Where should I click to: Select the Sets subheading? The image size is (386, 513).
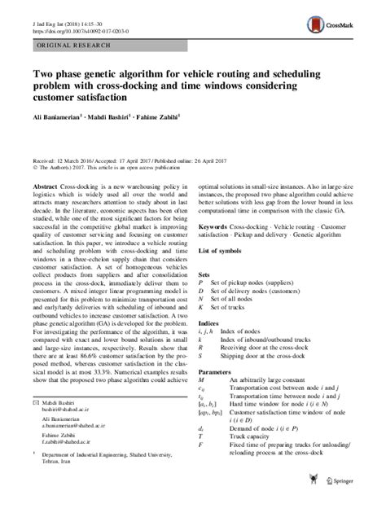(x=205, y=277)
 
